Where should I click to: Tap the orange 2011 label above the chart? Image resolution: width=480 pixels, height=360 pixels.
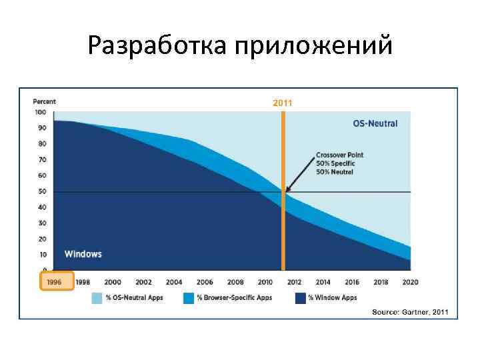tap(282, 103)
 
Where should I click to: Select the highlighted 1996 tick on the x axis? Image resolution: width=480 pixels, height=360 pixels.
tap(54, 282)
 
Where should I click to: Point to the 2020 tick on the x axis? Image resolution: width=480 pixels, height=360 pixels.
tap(410, 282)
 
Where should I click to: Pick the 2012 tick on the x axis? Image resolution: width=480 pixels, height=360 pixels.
tap(294, 282)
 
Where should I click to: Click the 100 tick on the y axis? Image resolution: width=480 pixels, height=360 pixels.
tap(41, 112)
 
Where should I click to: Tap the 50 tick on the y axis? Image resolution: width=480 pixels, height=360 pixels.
tap(43, 192)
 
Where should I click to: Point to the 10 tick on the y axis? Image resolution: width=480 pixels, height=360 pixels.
tap(43, 255)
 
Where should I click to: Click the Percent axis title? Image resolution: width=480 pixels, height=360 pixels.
tap(45, 101)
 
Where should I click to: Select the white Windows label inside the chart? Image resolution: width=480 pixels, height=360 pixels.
tap(83, 254)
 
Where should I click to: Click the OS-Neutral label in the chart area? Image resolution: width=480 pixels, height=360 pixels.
tap(375, 123)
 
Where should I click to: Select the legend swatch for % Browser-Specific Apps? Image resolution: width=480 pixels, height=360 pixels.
tap(188, 298)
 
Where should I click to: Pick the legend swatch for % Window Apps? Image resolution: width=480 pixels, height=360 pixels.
tap(299, 298)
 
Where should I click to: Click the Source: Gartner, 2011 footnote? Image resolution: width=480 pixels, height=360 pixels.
tap(410, 311)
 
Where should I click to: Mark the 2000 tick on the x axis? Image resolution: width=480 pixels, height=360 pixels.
tap(113, 282)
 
